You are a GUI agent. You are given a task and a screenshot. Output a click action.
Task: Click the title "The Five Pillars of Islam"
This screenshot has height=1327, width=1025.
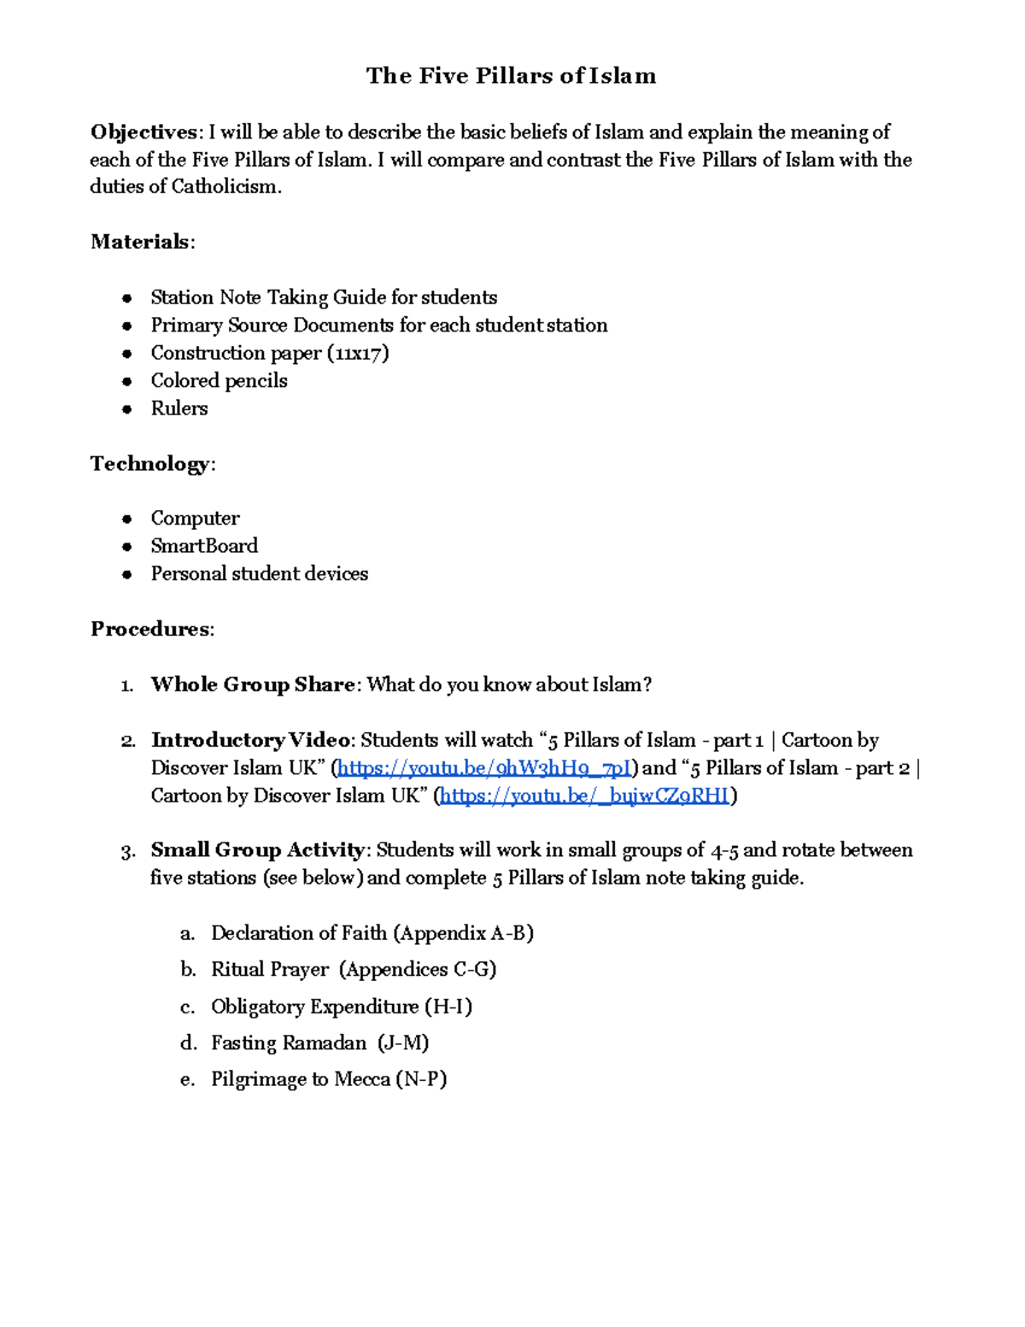(511, 76)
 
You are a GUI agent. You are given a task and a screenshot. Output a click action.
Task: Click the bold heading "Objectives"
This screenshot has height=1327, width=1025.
(143, 132)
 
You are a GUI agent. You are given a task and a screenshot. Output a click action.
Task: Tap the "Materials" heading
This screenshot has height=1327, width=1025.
(140, 242)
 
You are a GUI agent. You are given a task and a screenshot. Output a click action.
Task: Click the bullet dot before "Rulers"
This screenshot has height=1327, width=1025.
(127, 408)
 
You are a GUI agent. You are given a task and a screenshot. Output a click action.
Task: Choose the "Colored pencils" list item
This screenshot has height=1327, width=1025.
(219, 380)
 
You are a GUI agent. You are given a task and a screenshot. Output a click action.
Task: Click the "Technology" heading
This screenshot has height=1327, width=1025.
(149, 463)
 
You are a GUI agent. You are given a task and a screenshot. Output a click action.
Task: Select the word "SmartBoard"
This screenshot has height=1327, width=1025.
(204, 546)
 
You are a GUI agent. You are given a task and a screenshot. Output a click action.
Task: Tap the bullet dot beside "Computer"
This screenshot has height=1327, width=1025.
(127, 519)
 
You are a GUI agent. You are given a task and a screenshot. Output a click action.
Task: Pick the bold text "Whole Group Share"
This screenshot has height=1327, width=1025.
(253, 684)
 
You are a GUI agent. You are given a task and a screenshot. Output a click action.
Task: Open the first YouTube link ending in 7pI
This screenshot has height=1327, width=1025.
(484, 768)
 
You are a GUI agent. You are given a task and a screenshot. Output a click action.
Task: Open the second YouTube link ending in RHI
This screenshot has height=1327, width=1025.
(585, 796)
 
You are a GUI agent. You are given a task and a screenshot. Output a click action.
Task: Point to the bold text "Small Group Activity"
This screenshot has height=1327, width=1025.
(258, 850)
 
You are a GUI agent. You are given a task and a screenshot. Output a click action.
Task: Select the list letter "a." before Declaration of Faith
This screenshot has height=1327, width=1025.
(188, 933)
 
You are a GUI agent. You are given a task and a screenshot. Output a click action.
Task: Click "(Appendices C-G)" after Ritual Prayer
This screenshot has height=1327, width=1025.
(418, 970)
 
